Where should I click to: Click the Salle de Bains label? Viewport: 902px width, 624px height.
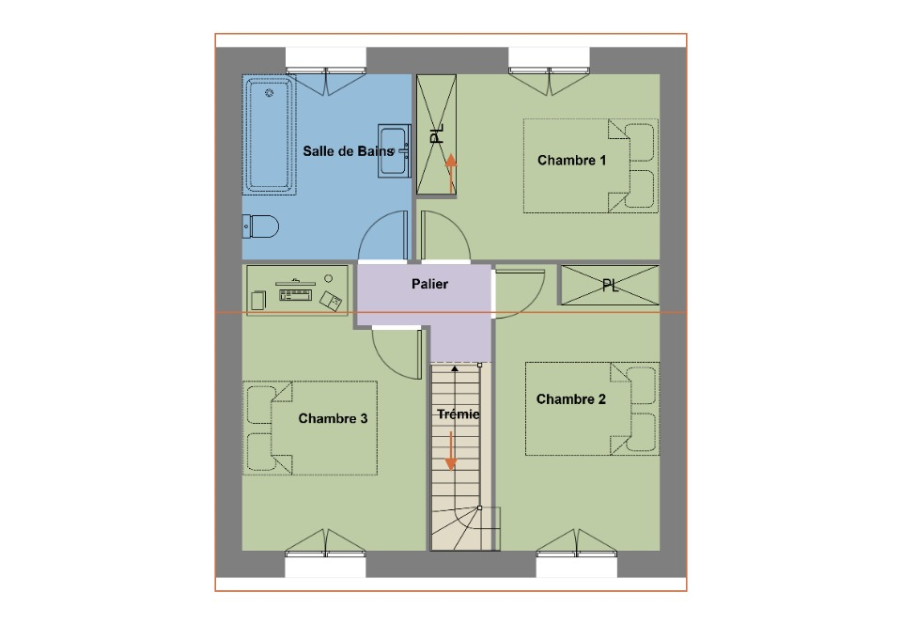[348, 151]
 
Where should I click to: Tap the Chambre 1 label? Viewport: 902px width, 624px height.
[572, 160]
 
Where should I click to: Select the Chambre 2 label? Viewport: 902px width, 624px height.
[570, 399]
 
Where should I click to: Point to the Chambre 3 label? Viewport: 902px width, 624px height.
[333, 418]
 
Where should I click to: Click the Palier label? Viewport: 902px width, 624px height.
[429, 284]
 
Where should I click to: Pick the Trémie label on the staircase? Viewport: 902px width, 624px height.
[458, 414]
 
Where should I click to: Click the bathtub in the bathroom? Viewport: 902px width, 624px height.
[270, 135]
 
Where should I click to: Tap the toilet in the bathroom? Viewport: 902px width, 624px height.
[260, 226]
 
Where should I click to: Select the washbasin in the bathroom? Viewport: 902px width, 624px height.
[394, 150]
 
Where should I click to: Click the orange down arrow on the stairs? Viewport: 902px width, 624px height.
[451, 451]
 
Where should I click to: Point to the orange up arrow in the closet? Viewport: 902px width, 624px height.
[451, 173]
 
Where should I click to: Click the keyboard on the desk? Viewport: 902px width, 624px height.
[295, 295]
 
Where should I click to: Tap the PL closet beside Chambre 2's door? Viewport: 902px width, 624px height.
[610, 286]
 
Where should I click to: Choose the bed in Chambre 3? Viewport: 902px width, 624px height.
[310, 428]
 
